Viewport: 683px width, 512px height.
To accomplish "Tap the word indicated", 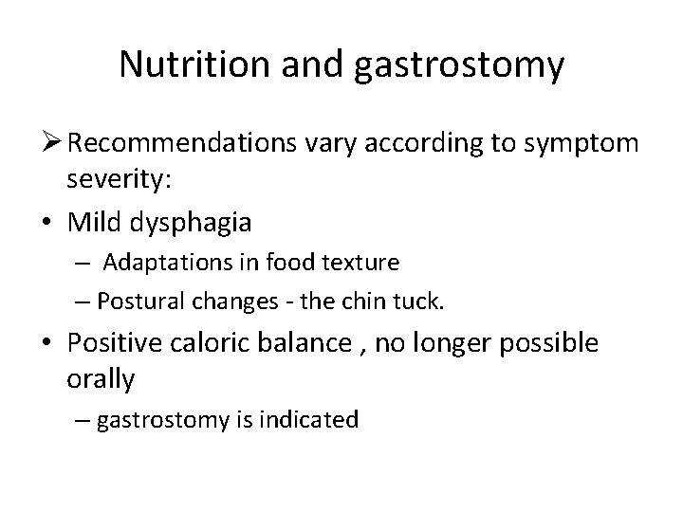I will click(x=312, y=419).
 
